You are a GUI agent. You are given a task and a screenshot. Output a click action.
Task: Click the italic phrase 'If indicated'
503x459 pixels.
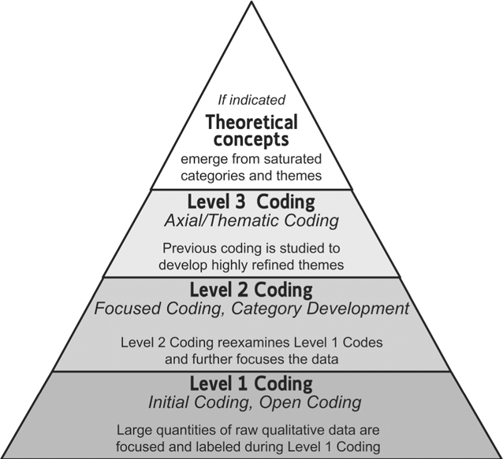251,100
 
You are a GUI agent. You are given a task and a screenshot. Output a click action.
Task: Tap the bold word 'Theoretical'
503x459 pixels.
251,122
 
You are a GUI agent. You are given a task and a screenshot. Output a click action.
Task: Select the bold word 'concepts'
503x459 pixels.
251,139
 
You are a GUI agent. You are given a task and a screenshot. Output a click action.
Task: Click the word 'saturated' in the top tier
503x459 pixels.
291,159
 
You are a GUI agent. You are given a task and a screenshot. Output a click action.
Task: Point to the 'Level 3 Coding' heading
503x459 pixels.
251,202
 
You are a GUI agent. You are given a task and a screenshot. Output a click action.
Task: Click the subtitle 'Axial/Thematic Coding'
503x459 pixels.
251,220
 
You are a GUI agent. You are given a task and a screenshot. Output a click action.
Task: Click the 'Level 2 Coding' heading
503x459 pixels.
251,290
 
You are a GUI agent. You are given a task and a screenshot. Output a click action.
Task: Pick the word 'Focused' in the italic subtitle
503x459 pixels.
127,309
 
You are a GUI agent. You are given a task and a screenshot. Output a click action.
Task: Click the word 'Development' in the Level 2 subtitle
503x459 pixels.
358,309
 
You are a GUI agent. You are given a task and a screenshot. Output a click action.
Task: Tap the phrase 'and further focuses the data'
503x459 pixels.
251,359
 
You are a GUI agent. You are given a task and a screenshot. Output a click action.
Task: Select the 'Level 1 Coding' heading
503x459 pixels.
251,383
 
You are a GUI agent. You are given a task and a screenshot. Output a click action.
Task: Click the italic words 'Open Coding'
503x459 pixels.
310,402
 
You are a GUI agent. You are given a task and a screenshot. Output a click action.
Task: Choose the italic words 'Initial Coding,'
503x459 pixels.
200,402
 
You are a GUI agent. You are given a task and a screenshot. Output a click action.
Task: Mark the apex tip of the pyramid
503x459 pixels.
251,2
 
